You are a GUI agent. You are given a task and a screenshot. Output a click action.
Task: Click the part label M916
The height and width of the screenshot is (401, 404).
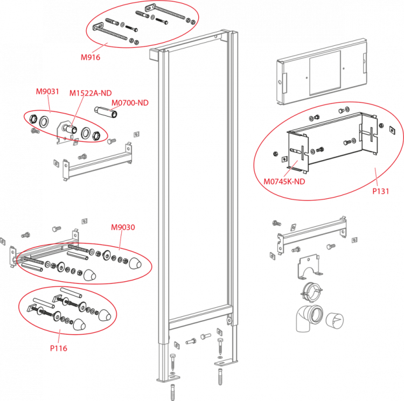point(90,57)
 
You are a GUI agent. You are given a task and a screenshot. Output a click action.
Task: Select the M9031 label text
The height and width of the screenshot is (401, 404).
point(47,92)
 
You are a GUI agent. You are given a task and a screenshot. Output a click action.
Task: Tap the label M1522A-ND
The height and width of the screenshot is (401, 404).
point(90,93)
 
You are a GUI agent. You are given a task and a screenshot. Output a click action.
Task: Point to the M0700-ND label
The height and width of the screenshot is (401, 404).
point(130,103)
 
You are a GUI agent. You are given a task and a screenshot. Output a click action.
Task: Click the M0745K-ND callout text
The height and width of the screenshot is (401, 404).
point(284,182)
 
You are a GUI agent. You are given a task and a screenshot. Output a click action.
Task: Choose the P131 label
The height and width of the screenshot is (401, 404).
point(380,191)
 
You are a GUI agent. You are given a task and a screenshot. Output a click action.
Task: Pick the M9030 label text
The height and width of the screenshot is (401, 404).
point(123,227)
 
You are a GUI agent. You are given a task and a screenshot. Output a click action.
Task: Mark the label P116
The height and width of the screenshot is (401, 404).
point(59,348)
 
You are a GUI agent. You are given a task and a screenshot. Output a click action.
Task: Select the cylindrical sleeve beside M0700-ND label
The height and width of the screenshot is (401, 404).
point(106,112)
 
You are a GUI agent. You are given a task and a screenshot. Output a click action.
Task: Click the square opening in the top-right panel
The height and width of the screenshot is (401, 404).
point(325,73)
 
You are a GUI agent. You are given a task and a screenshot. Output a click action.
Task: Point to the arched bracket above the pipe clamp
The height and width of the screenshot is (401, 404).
point(309,267)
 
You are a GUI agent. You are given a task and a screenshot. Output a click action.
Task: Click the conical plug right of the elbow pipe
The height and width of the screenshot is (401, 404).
point(335,321)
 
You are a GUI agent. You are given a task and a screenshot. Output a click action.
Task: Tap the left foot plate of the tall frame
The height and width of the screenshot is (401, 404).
point(169,378)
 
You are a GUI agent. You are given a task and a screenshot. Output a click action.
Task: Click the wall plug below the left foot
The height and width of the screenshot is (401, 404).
point(173,392)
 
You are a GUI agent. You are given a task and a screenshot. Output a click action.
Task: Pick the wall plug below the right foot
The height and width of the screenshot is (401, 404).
point(220,377)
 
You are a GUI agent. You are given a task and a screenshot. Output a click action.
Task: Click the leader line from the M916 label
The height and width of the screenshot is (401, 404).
point(99,48)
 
